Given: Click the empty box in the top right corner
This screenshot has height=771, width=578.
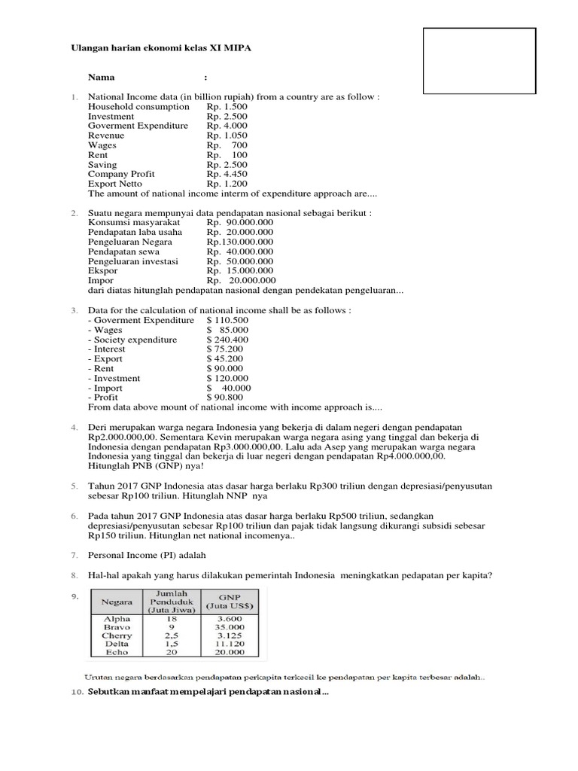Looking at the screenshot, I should point(479,59).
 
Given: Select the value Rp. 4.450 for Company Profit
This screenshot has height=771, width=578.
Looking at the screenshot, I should point(227,174).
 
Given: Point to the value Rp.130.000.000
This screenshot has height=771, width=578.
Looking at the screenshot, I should point(240,242).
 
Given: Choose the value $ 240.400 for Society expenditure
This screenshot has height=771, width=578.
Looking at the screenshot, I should point(227,340).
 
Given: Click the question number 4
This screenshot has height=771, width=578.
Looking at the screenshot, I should point(75,428).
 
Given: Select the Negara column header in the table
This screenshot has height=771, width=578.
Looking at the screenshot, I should point(118,602).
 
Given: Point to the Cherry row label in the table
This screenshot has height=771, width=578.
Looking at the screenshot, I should point(117,635).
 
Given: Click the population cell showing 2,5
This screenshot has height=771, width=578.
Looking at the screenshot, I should point(173,635).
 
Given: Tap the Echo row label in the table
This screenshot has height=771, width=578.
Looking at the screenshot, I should point(117,653).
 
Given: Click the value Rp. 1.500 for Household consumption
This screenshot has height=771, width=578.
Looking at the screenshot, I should point(227,107).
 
